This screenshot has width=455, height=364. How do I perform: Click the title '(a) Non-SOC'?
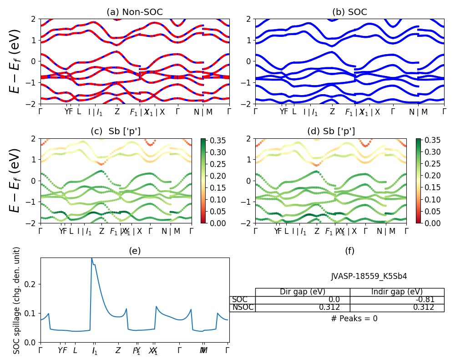click(x=135, y=12)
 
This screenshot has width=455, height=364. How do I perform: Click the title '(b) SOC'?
click(x=349, y=12)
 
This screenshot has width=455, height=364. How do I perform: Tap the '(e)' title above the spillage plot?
click(x=135, y=251)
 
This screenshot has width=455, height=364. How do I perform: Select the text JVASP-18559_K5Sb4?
click(x=369, y=276)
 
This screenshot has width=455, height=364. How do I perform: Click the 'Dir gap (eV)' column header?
click(x=303, y=292)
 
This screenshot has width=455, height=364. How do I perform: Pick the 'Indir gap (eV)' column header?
click(x=397, y=292)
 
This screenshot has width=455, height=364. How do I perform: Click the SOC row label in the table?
click(x=240, y=300)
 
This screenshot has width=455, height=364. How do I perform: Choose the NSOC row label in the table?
click(x=243, y=308)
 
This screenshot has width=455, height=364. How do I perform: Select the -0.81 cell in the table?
click(x=425, y=300)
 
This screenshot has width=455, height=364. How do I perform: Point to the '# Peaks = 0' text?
click(x=354, y=318)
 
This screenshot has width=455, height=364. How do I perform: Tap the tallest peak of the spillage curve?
click(x=92, y=258)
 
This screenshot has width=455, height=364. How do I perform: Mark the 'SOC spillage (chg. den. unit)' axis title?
click(x=17, y=300)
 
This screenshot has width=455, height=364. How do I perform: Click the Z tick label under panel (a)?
click(x=117, y=111)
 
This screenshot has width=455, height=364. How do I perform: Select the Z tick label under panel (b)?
click(x=332, y=111)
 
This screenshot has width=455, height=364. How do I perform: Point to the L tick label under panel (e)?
click(x=75, y=351)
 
